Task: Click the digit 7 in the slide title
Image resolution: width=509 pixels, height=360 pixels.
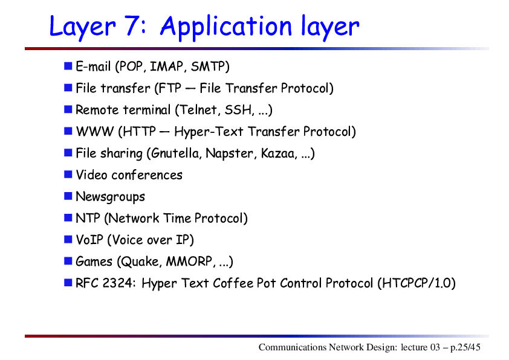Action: [133, 25]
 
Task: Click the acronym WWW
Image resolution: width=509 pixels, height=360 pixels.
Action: [95, 132]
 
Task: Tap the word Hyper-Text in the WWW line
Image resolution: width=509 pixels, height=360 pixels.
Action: [209, 132]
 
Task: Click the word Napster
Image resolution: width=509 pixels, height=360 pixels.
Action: [229, 153]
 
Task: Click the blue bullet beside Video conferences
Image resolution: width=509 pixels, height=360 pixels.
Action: [68, 175]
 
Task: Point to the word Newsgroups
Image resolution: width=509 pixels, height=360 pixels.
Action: [110, 197]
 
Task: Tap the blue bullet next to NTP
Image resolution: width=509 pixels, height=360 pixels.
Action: [68, 217]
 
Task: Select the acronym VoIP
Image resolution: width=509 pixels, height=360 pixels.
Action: [89, 240]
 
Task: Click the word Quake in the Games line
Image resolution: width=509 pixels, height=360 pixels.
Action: [140, 262]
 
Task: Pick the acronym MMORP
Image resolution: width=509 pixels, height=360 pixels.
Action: [189, 262]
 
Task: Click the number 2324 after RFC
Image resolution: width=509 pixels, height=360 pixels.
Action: [117, 283]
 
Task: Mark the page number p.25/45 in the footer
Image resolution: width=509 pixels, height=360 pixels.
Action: [465, 347]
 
